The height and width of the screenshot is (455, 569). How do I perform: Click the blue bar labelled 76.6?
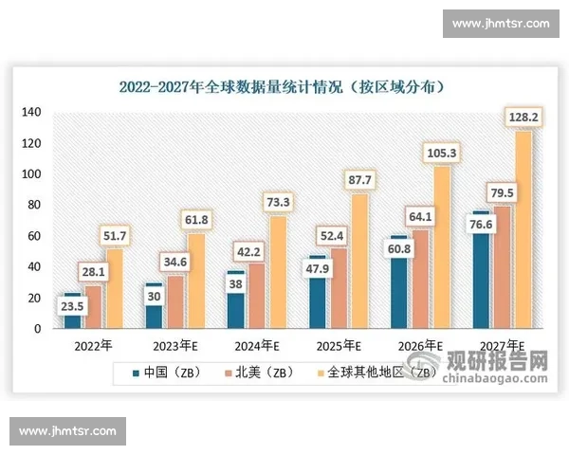(481, 284)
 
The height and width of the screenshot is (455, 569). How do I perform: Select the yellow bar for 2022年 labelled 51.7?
(113, 289)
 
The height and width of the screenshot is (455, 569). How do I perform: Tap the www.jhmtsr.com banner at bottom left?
(67, 431)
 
